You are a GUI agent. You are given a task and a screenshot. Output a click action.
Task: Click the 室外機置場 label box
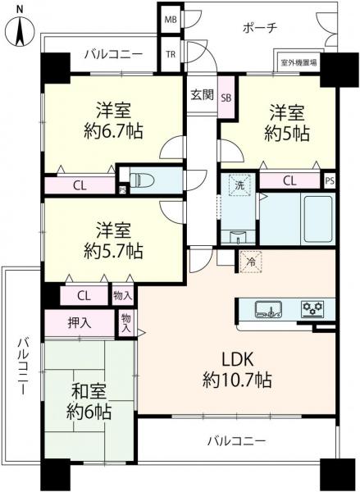coord(298,62)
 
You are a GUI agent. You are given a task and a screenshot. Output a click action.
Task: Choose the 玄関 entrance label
coord(202,95)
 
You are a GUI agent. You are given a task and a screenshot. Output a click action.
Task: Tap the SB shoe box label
coord(226,96)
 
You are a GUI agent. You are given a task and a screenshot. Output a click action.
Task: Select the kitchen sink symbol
coord(269,309)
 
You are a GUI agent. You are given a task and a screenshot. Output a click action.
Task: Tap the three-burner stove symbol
coord(312,309)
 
